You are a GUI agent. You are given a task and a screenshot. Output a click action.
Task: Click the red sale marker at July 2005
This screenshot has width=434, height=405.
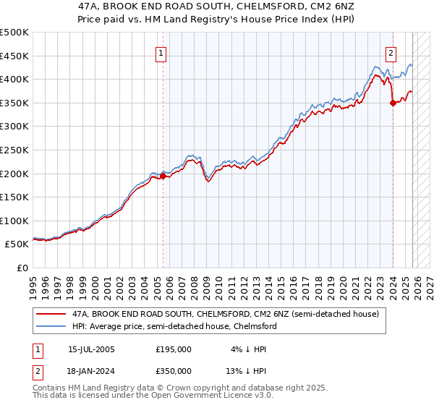163,175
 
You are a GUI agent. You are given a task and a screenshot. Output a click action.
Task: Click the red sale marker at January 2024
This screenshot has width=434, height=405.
393,103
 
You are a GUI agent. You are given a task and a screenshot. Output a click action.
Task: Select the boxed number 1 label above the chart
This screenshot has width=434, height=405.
160,53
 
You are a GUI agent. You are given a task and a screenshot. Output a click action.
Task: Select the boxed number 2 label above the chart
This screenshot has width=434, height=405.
391,53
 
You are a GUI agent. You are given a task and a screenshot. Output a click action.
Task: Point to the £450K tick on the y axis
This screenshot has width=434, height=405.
14,56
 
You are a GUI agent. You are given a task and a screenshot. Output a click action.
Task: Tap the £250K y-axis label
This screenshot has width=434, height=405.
14,150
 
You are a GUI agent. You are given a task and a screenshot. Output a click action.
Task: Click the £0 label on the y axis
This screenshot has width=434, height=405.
23,268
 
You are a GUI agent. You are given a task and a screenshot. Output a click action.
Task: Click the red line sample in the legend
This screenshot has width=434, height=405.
51,314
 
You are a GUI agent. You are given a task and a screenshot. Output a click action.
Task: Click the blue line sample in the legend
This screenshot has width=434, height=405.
51,326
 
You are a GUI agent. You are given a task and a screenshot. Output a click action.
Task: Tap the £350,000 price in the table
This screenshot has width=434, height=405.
174,370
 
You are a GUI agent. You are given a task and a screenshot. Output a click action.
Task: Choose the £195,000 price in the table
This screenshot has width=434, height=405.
174,349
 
